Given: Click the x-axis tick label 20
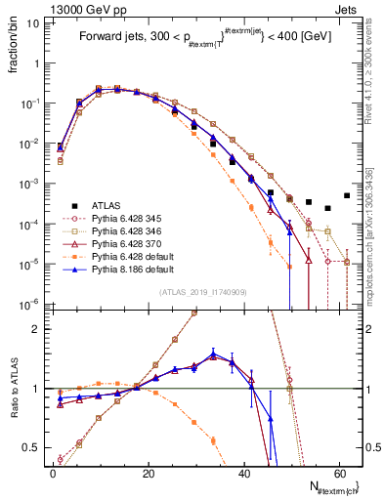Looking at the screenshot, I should (148, 471).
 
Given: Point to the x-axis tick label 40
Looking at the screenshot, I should (242, 471).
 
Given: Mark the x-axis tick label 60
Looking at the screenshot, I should (337, 471).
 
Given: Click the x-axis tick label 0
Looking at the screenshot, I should (53, 471).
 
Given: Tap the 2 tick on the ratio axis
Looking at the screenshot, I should (39, 329).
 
